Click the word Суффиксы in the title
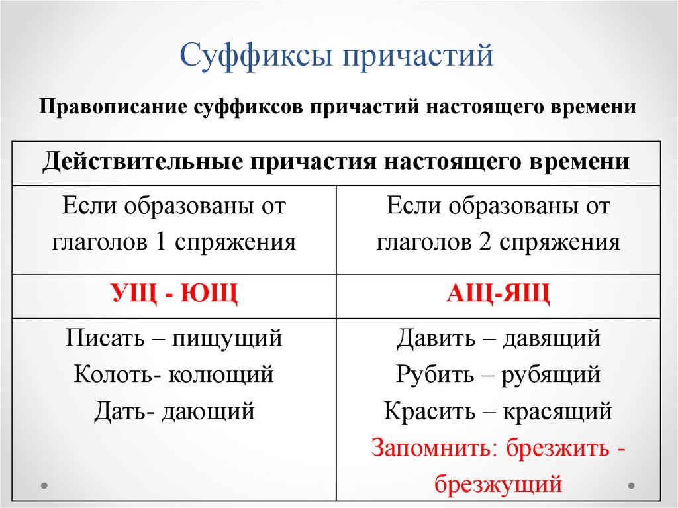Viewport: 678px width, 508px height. [255, 56]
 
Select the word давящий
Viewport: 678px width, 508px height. [551, 339]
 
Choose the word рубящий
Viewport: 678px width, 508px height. [551, 375]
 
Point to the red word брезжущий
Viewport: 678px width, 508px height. [498, 484]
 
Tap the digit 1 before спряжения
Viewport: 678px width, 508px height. [159, 242]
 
